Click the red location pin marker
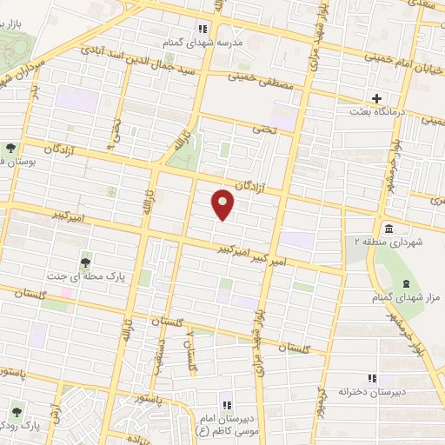click(x=224, y=203)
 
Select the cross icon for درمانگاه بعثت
click(x=376, y=98)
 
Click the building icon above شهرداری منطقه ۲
click(x=386, y=228)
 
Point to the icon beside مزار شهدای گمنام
click(x=406, y=285)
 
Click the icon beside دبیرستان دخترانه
click(x=372, y=377)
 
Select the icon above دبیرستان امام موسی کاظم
click(x=227, y=406)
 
